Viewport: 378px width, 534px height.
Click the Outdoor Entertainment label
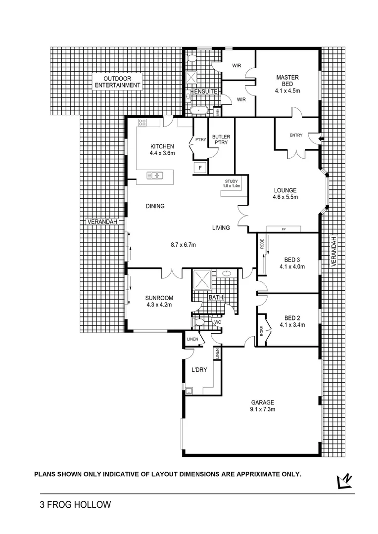coord(118,82)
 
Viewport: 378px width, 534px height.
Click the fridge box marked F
coord(200,167)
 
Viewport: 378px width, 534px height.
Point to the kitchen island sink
coord(155,175)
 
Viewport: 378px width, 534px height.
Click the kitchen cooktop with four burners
coord(142,122)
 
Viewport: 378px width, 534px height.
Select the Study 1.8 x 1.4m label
coord(232,184)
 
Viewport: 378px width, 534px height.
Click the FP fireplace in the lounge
coord(283,229)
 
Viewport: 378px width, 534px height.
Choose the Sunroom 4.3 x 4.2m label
coord(159,301)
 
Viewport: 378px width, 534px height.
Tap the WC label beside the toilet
coord(217,322)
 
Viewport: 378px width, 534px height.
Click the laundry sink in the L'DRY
coord(189,391)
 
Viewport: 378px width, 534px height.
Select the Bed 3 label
coord(291,263)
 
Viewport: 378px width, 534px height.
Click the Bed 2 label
coord(291,321)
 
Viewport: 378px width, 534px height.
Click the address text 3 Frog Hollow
coord(75,505)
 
